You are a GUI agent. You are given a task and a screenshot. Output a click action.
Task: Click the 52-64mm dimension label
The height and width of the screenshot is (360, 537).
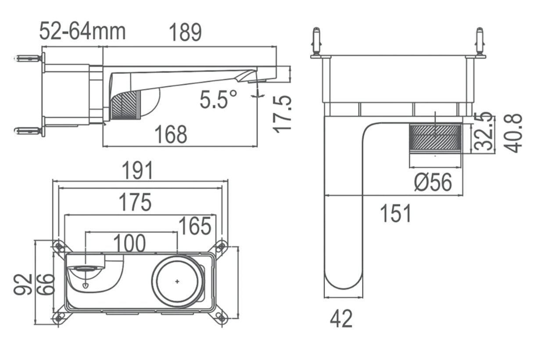82,32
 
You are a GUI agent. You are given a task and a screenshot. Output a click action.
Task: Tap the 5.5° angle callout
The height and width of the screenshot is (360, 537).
219,100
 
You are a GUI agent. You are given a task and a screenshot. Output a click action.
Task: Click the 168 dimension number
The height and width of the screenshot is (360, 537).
171,135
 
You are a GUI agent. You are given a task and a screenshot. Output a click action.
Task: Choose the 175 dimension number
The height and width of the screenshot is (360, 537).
135,202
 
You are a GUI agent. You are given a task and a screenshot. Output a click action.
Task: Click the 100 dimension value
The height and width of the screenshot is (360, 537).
129,243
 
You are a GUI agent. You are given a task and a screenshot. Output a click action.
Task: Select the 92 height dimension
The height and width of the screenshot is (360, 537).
23,285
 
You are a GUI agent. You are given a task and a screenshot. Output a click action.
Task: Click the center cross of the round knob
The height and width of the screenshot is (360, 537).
177,281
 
